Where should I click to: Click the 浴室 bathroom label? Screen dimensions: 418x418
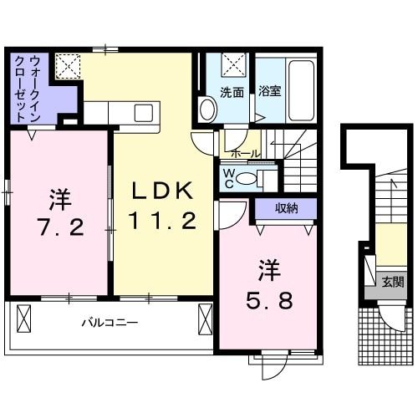(x=269, y=91)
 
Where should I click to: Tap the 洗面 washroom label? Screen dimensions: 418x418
(x=232, y=91)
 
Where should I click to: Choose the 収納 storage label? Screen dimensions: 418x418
(x=285, y=208)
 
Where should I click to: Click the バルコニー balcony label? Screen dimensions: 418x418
(x=110, y=321)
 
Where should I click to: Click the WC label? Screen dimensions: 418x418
(x=227, y=177)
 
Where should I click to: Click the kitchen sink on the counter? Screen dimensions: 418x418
(x=143, y=112)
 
